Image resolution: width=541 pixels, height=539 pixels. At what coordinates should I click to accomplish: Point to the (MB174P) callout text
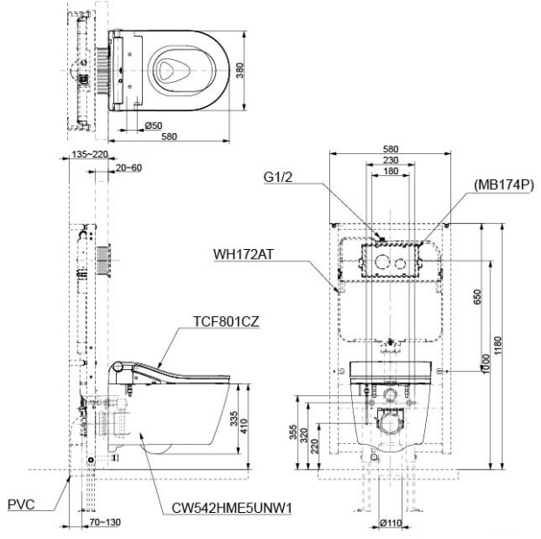point(503,185)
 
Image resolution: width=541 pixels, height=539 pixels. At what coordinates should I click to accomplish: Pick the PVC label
point(20,502)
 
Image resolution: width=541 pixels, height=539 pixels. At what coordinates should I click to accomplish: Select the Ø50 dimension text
point(152,126)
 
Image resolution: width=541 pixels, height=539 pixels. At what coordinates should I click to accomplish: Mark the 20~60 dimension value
point(127,167)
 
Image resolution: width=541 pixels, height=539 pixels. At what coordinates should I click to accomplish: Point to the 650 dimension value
point(475,297)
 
